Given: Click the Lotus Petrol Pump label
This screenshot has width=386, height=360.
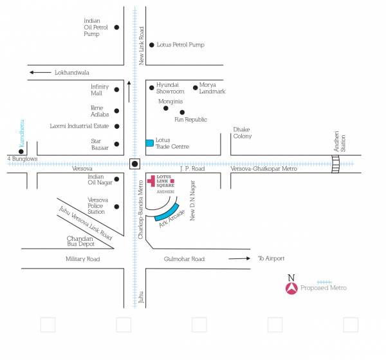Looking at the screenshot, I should [x=176, y=45].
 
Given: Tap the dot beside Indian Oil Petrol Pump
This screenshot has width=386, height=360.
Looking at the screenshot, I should [x=116, y=28].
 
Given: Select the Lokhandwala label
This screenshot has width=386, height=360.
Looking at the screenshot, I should [x=72, y=73].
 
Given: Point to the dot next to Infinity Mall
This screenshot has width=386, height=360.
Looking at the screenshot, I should [x=116, y=90].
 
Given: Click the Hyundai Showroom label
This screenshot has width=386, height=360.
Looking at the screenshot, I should [x=170, y=88].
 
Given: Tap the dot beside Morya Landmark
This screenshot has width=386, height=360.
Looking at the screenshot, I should [x=195, y=88].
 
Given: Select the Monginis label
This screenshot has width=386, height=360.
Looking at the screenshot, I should [x=170, y=102].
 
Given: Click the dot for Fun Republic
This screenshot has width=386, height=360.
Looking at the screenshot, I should [x=182, y=112].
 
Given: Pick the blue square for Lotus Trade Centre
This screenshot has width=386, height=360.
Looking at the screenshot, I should [x=149, y=142].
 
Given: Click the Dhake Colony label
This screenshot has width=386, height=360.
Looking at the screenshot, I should [x=243, y=133].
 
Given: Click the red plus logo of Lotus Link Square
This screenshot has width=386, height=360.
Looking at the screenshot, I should [x=152, y=181].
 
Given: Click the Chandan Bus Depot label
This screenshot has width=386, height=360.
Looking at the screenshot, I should [x=81, y=241].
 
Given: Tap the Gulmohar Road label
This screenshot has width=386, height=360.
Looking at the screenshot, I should [x=184, y=259].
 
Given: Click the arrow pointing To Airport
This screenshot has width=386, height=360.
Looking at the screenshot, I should [x=239, y=259].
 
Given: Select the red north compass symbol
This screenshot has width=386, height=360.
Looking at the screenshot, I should [x=291, y=289].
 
